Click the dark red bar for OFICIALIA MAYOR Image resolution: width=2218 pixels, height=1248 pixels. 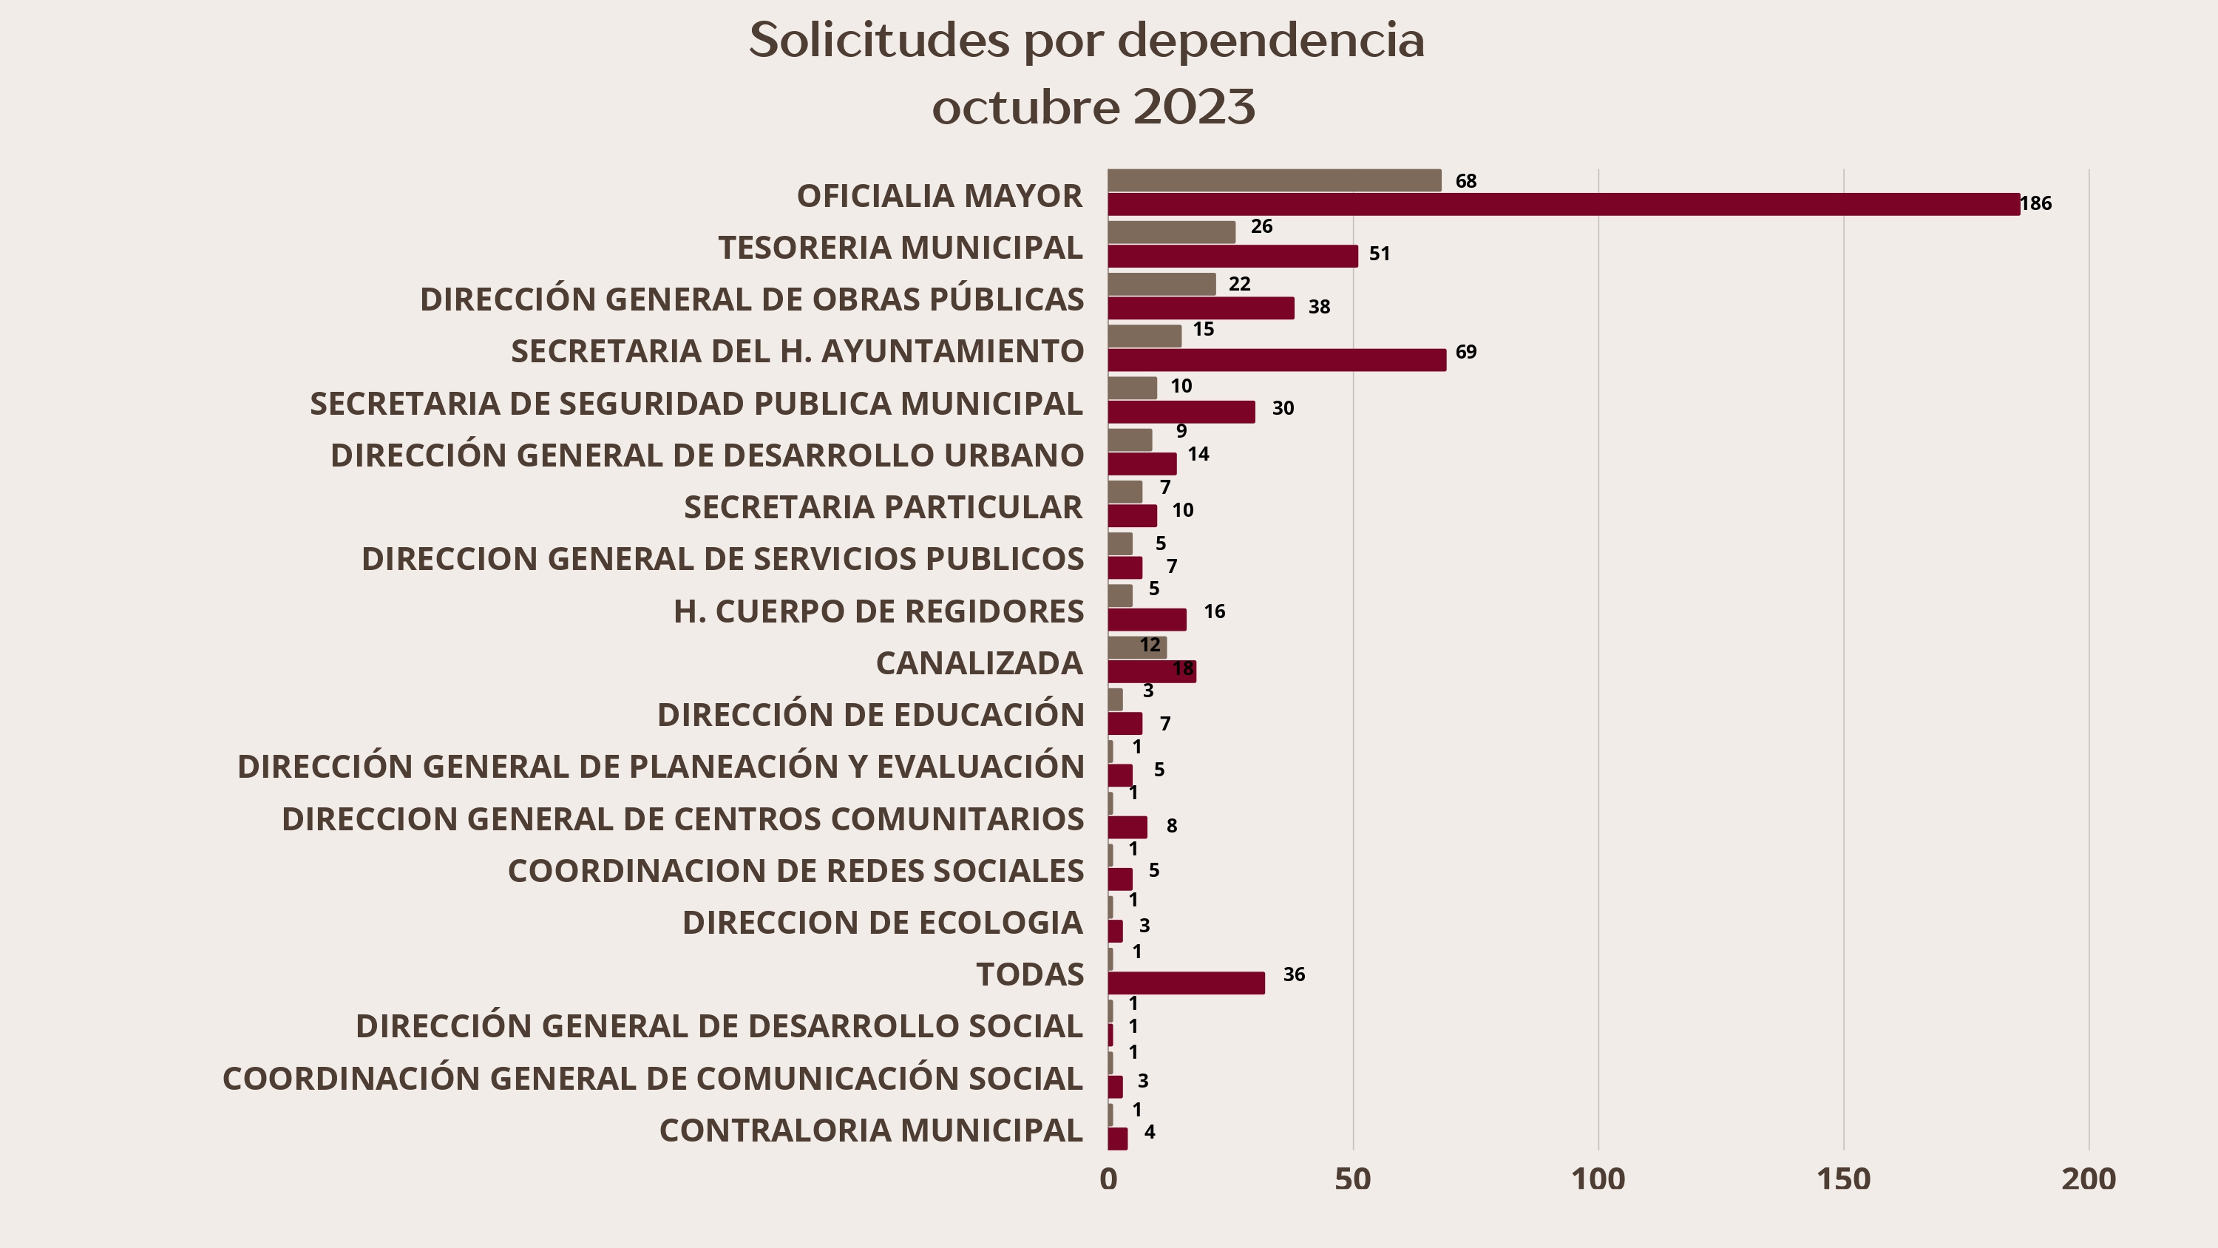(1563, 204)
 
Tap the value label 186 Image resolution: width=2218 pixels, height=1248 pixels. (2035, 203)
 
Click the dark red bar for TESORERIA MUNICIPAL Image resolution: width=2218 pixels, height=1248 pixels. (1232, 256)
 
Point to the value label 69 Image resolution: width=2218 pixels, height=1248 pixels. (1465, 351)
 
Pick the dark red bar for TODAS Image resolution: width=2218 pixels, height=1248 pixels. (1186, 983)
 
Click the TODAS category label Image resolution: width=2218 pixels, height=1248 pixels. (1029, 974)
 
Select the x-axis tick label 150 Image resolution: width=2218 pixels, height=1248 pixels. (1843, 1179)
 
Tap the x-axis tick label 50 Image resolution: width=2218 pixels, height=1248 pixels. (1353, 1179)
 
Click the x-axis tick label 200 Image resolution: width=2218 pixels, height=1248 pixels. (2088, 1179)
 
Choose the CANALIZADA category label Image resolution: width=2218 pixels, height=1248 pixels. (979, 662)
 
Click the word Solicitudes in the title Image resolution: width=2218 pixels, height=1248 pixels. (879, 40)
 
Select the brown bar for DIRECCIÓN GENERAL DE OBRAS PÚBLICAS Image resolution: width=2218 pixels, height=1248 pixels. (1161, 284)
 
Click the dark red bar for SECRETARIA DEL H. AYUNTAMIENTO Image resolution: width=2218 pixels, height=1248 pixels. (1276, 360)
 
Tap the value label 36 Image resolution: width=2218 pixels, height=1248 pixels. (1293, 974)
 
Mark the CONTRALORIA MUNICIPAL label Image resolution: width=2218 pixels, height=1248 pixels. (870, 1130)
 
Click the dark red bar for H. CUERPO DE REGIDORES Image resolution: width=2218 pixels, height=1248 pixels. (1146, 620)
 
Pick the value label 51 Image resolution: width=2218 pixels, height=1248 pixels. (1380, 253)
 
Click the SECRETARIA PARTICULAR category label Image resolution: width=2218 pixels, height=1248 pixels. (883, 506)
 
